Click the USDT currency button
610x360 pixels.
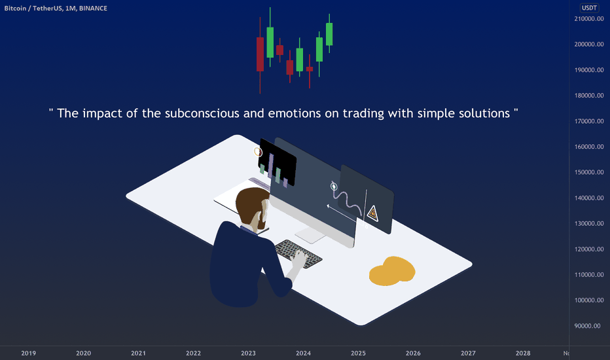[x=589, y=8]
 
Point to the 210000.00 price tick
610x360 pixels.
[x=589, y=19]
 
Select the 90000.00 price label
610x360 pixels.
[x=588, y=326]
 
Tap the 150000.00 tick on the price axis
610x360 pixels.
[x=589, y=172]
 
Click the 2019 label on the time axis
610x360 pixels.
[x=28, y=353]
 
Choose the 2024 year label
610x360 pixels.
[x=303, y=353]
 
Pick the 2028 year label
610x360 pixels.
[x=523, y=353]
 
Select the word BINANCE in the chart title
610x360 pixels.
[x=93, y=8]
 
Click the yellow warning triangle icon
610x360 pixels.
[x=372, y=213]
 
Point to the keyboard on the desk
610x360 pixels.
[x=298, y=254]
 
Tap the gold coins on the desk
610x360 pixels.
[x=392, y=271]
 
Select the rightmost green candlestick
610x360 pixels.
[x=329, y=34]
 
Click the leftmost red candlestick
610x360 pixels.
[x=260, y=54]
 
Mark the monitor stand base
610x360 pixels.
[x=310, y=235]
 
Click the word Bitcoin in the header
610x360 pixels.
[x=15, y=8]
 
